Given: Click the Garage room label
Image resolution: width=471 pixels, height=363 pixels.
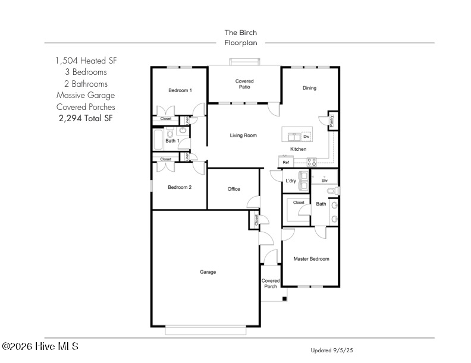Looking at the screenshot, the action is [208, 272].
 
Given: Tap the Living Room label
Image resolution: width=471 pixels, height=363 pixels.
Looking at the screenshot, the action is [243, 135].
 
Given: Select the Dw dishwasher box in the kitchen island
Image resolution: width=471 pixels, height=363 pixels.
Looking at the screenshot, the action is [306, 137].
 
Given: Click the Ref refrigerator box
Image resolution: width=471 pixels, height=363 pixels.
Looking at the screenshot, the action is [285, 162].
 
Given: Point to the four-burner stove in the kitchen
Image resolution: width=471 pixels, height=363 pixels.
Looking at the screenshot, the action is [312, 162].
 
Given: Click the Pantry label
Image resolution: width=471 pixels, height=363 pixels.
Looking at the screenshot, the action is [332, 121].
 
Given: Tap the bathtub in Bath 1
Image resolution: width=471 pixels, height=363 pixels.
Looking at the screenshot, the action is [158, 140].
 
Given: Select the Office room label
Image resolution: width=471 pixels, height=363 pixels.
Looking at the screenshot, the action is [234, 189].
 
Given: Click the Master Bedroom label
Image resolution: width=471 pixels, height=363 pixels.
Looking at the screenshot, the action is [311, 259].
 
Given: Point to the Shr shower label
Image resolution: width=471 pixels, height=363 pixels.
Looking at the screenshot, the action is [325, 181].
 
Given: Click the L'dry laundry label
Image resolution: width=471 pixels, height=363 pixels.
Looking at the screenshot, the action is [291, 181].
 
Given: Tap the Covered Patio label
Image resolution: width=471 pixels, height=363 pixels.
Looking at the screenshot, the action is [244, 84].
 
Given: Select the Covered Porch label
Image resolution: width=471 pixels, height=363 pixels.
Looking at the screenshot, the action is [271, 283].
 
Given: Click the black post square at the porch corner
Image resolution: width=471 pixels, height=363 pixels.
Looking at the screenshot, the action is [284, 298].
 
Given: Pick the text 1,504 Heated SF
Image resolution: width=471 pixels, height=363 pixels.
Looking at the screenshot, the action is [86, 61].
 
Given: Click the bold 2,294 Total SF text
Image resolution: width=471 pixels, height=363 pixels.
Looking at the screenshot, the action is [86, 118].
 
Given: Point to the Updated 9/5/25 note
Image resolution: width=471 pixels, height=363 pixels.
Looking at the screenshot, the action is [332, 350].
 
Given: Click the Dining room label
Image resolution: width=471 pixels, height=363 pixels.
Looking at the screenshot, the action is [309, 88].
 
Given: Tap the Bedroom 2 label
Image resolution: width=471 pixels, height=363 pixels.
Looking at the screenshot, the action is [180, 187].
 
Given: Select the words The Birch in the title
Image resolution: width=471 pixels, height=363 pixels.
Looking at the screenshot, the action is [241, 33].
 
